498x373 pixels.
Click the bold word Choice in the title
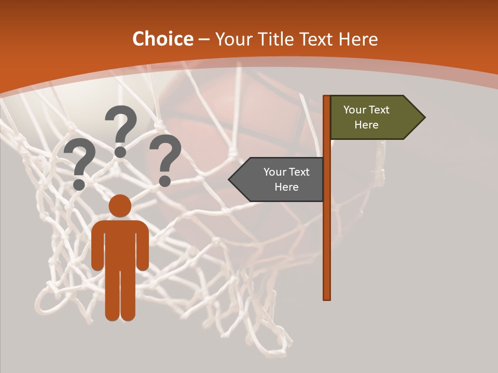pos(163,39)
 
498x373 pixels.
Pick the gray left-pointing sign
pos(280,179)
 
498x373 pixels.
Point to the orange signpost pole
pos(327,233)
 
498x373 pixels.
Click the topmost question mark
pos(121,127)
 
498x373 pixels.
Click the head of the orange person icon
pos(120,206)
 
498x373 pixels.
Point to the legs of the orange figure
pos(120,295)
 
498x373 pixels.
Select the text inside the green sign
pos(366,118)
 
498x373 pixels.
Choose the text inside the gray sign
pos(286,179)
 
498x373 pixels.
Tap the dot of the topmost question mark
pos(120,151)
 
